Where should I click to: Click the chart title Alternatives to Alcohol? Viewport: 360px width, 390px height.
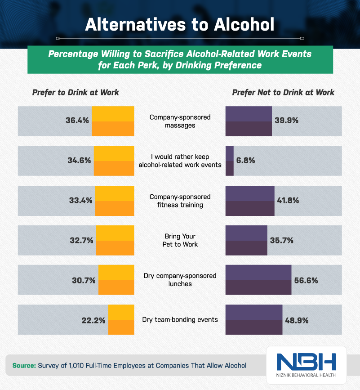point(180,24)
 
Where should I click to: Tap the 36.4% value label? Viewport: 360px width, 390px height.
point(77,121)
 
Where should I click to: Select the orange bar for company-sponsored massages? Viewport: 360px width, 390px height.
point(113,121)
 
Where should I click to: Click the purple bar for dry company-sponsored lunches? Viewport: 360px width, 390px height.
point(258,280)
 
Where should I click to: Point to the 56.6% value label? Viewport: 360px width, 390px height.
point(306,280)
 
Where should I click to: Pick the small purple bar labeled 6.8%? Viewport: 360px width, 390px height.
point(229,161)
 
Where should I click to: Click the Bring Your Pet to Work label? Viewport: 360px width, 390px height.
point(180,240)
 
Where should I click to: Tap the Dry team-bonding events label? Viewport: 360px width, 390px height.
point(180,319)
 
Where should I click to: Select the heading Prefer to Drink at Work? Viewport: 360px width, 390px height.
point(76,92)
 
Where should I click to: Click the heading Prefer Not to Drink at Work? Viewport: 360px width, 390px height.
point(283,92)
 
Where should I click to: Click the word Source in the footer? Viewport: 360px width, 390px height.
point(24,366)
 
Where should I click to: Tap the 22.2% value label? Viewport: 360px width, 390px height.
point(93,320)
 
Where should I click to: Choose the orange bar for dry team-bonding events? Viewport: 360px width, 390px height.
point(121,319)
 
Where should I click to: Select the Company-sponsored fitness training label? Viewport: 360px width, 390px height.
point(180,201)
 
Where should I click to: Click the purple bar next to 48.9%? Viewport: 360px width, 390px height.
point(253,319)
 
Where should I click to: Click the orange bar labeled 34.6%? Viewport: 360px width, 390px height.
point(114,161)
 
